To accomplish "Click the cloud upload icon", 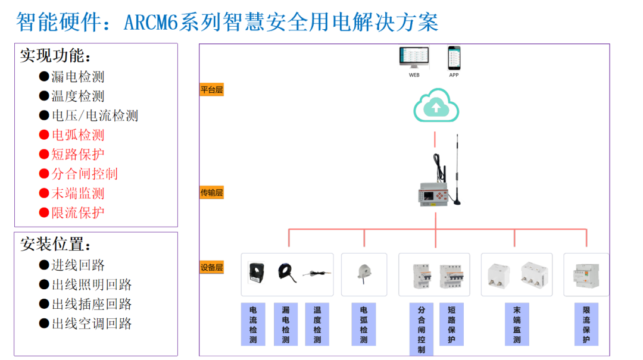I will click(x=436, y=106).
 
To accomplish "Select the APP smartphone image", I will click(x=454, y=58).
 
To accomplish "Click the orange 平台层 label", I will click(x=211, y=90).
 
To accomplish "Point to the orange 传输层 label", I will click(x=211, y=193).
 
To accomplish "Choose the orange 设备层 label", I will click(x=211, y=267).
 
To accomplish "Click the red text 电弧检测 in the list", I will click(x=77, y=135).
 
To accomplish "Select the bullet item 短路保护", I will click(x=77, y=155).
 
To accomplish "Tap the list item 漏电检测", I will click(x=77, y=77).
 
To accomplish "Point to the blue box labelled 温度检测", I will click(x=317, y=324).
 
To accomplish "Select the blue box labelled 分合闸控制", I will click(x=422, y=328).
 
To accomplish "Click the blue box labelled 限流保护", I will click(x=586, y=324).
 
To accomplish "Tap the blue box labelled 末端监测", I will click(x=517, y=324).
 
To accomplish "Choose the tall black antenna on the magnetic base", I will click(x=457, y=173).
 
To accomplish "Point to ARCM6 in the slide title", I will click(x=153, y=23).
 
